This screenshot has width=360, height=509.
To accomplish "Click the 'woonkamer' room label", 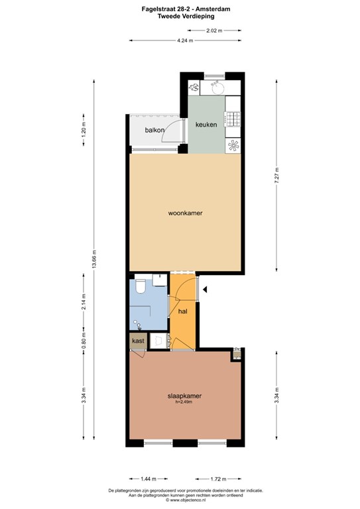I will coord(185,213).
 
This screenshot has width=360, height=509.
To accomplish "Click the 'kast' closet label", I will coord(138,341).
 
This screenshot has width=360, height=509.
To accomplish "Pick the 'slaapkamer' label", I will coord(184,396).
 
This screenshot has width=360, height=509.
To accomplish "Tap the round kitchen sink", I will coord(216,86).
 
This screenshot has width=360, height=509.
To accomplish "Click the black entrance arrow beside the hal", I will coord(206,290).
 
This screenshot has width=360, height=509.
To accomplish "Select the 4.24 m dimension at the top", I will coord(185,41).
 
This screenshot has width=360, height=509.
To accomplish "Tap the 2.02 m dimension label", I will coord(213,30).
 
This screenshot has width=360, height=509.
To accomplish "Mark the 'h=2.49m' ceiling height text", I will coord(184,402).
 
